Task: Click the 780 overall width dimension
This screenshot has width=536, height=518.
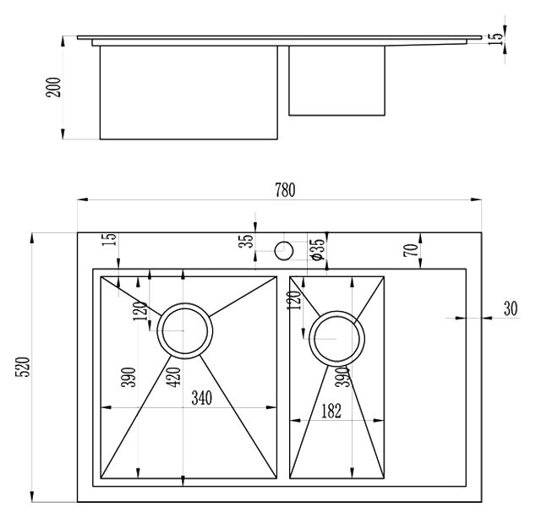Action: (285, 190)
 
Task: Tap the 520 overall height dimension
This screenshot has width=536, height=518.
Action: (24, 367)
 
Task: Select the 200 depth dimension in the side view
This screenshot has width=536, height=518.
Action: (53, 88)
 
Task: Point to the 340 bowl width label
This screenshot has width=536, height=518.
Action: (202, 398)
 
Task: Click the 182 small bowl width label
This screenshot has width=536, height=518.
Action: (331, 411)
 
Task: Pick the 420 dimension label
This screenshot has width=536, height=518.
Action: (174, 377)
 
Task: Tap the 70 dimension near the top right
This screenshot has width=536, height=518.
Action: (412, 250)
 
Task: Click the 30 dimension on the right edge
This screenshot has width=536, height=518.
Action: (511, 308)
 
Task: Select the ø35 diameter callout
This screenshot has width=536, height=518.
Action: (317, 249)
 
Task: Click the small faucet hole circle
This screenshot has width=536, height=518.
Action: (284, 250)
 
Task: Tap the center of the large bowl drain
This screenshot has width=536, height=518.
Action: (185, 330)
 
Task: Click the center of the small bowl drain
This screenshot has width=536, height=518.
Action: (336, 339)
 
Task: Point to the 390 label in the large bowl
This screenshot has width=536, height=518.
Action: (129, 377)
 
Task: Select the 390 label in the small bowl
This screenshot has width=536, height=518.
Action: (343, 377)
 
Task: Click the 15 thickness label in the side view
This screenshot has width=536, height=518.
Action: (496, 38)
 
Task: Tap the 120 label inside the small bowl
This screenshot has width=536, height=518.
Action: (295, 300)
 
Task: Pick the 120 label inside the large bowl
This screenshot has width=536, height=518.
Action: (140, 311)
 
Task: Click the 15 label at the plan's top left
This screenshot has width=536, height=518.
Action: (110, 239)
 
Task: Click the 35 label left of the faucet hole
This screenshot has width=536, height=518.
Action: (247, 240)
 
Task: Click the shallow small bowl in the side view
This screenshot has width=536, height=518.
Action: (336, 80)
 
